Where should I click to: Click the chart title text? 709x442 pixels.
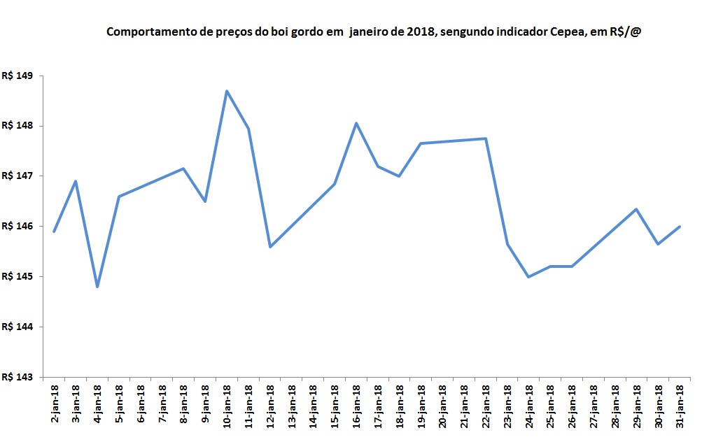tap(373, 32)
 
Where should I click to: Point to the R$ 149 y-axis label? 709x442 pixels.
tap(19, 76)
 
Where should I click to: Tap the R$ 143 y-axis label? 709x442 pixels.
tap(19, 377)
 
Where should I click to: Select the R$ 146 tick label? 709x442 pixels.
tap(19, 227)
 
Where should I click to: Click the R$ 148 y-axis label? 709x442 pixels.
tap(19, 126)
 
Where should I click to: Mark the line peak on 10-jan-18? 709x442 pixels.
tap(227, 91)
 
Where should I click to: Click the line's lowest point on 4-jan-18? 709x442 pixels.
tap(97, 287)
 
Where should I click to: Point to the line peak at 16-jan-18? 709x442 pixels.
tap(356, 123)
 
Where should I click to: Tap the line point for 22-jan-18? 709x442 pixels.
tap(486, 138)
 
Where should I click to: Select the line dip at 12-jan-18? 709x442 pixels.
tap(270, 246)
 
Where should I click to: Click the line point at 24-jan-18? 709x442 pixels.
tap(528, 277)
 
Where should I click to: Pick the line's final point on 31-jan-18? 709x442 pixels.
tap(680, 227)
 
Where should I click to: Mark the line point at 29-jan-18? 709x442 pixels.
tap(636, 209)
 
